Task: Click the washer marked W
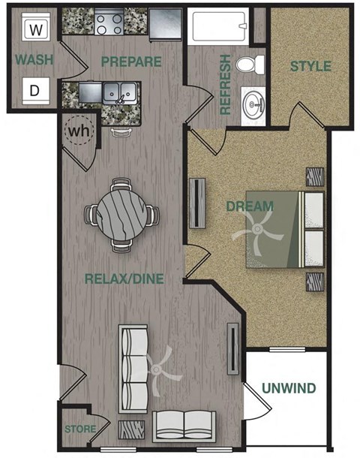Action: pyautogui.click(x=34, y=30)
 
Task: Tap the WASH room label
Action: pyautogui.click(x=34, y=59)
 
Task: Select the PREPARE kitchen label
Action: pyautogui.click(x=131, y=61)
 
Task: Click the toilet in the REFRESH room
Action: pyautogui.click(x=247, y=65)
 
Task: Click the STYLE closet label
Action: pyautogui.click(x=310, y=66)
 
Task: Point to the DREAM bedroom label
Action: pyautogui.click(x=250, y=205)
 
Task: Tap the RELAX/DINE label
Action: pyautogui.click(x=124, y=279)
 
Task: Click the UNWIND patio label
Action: pyautogui.click(x=289, y=388)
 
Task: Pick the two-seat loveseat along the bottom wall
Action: pyautogui.click(x=184, y=425)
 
